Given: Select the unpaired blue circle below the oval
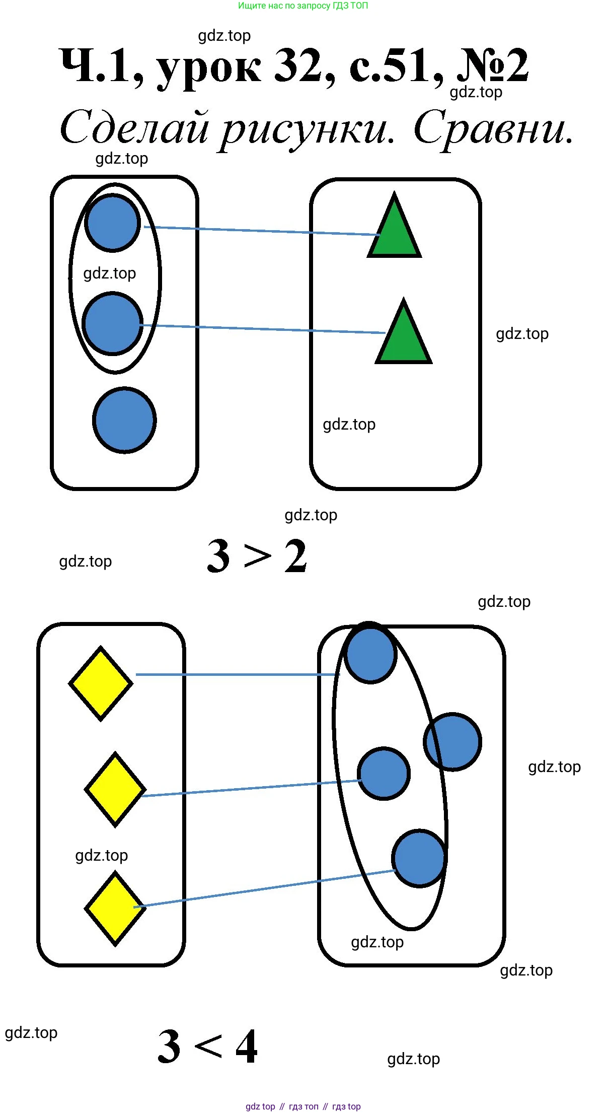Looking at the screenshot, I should [x=124, y=420].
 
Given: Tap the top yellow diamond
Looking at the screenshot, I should [x=101, y=683].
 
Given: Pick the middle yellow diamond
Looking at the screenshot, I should [x=115, y=790].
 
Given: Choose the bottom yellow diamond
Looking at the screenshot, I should [x=115, y=909].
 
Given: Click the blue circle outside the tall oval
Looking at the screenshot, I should [x=453, y=741].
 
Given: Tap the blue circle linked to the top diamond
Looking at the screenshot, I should [x=371, y=653].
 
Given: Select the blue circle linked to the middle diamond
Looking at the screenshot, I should [x=384, y=773].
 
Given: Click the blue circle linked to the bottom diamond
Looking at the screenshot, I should [x=419, y=858].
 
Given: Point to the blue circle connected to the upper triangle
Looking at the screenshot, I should [x=112, y=223].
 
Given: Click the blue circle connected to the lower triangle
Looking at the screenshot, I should [x=112, y=324].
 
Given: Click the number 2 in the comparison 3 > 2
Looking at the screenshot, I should [x=295, y=556].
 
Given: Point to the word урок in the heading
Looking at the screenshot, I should [x=209, y=68].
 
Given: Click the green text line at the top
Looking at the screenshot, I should [x=303, y=6].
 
